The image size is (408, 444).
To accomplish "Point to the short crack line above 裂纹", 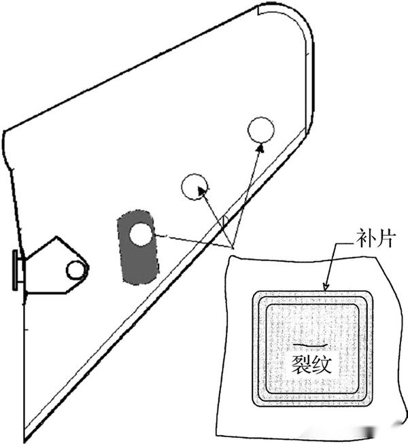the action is [301, 346].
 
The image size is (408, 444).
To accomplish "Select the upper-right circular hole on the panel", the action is [260, 130].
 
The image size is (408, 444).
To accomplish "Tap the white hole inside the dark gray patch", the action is [141, 235].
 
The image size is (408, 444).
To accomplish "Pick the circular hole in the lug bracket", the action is [75, 271].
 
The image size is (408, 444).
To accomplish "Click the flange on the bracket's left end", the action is [16, 270].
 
